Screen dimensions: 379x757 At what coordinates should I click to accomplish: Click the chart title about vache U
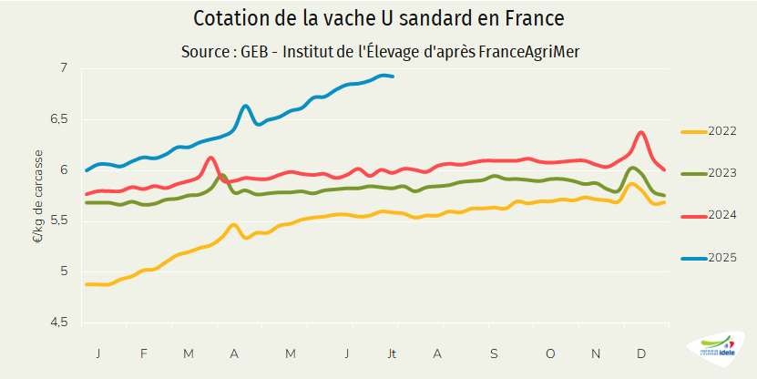378,18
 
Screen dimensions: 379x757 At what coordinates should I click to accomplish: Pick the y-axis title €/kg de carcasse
38,195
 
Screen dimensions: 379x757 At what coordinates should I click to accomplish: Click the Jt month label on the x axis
393,353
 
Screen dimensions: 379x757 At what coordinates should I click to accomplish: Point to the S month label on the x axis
494,353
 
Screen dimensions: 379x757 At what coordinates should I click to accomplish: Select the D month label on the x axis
641,353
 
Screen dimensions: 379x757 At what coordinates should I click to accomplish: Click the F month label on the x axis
143,353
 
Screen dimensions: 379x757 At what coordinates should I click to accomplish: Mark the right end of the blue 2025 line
393,77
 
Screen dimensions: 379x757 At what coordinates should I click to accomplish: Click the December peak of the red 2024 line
642,132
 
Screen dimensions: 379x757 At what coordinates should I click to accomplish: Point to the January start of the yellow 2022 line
87,284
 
